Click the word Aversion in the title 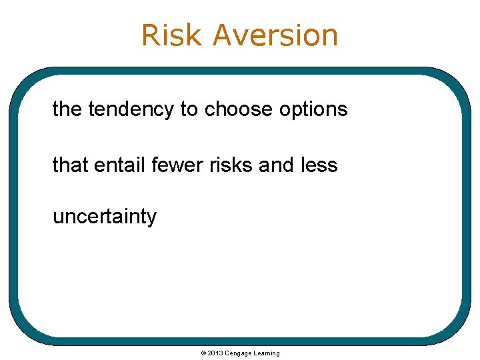point(275,35)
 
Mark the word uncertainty point(105,217)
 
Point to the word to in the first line point(189,109)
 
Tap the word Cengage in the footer point(238,353)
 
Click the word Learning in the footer point(267,353)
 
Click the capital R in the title point(151,35)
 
